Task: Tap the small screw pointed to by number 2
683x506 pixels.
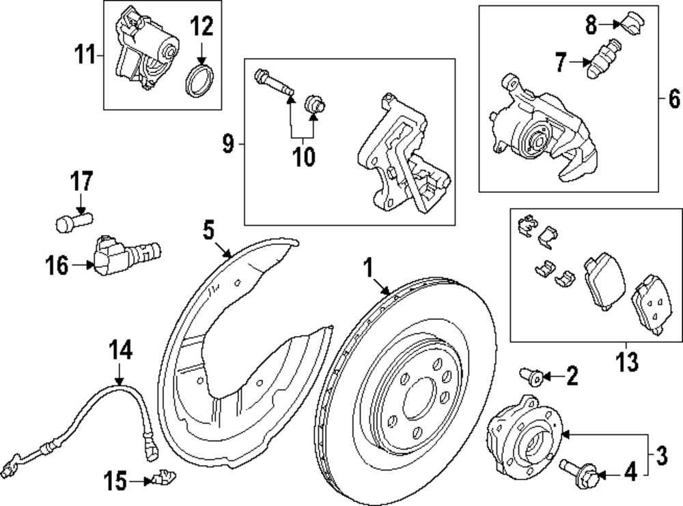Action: tap(531, 374)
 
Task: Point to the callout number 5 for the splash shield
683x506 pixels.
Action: tap(209, 230)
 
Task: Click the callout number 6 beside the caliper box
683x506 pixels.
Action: tap(673, 101)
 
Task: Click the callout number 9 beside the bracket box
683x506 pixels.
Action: tap(228, 144)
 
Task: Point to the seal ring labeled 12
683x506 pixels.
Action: tap(198, 81)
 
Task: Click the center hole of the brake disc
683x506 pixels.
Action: tap(416, 402)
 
